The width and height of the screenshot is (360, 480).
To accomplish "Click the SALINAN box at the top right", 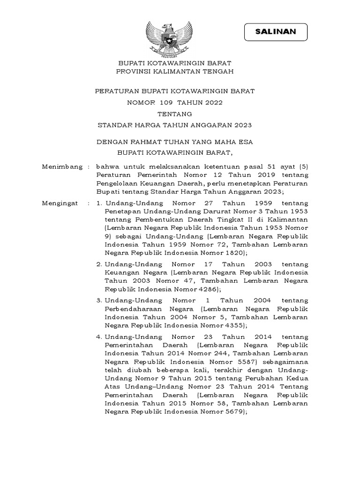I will [x=276, y=32].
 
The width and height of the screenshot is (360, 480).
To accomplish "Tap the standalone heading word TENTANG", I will [x=174, y=113].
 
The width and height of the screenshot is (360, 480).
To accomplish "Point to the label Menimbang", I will [x=59, y=167].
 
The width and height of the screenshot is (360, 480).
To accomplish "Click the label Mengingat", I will [x=59, y=203].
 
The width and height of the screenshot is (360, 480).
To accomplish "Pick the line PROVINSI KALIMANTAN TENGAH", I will [x=174, y=71].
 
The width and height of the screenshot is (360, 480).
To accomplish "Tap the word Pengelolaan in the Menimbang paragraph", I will [x=118, y=184].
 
